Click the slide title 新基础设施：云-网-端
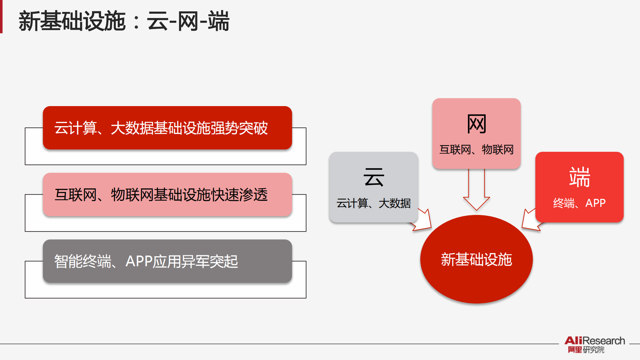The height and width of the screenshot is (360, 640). (124, 21)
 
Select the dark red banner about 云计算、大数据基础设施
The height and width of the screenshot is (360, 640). (167, 128)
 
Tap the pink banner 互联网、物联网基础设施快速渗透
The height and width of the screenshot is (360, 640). (167, 195)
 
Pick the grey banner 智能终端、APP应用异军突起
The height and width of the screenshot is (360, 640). (167, 261)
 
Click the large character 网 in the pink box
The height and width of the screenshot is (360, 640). (476, 124)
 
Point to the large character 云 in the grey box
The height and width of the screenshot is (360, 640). (374, 177)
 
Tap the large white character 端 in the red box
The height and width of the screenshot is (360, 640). (579, 177)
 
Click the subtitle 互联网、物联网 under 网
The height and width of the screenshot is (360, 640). (476, 149)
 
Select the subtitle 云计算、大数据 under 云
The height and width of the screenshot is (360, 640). (374, 203)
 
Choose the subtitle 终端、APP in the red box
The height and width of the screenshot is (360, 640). (579, 203)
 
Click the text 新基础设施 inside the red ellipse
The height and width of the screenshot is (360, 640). (476, 259)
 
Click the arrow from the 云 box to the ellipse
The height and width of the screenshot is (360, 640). (423, 221)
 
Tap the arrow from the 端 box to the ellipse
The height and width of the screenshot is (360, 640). (530, 220)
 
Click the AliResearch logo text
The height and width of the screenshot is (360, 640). (594, 341)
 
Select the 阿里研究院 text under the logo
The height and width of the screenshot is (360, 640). (586, 350)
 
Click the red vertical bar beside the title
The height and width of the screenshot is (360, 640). (1, 17)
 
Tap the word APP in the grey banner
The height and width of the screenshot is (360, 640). (139, 261)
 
